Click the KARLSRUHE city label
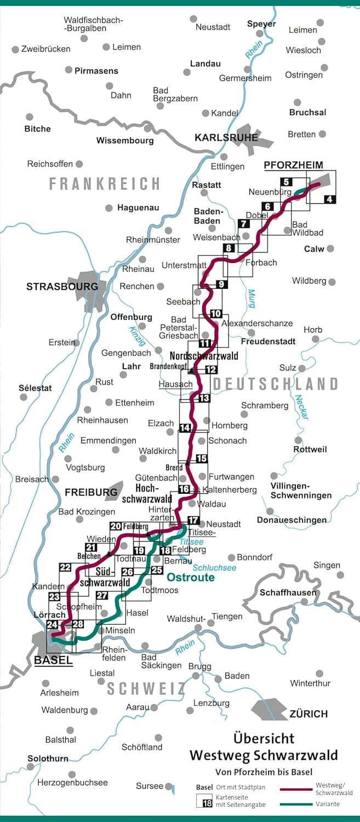coord(226,138)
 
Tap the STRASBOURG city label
coord(62,287)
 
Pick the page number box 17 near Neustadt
coord(193,520)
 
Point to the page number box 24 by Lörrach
coord(53,624)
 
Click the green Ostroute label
coord(190,578)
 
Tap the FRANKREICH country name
coord(104,184)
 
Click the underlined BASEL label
coord(53,660)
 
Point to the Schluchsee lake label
coord(215,568)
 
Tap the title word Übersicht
coord(264,738)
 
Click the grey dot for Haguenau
coord(108,208)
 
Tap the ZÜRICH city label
coord(308,713)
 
